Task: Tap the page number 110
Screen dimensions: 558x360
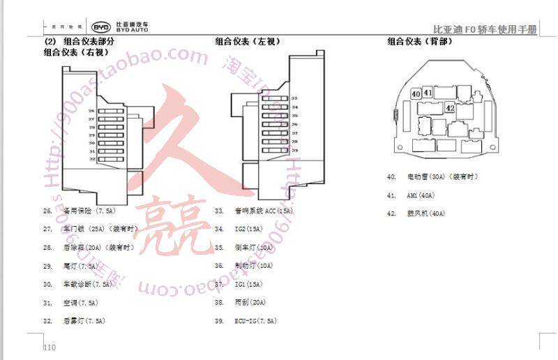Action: click(49, 347)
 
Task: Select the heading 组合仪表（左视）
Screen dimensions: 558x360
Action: click(248, 42)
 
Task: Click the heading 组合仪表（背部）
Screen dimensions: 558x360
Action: click(420, 42)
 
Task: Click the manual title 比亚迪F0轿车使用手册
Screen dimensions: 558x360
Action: click(485, 29)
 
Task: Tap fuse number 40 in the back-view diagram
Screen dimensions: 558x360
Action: click(416, 93)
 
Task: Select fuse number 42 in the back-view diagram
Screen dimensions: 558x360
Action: click(450, 108)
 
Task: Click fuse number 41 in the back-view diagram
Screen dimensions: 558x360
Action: click(428, 92)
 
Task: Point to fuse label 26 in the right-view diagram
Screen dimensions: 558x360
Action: click(91, 111)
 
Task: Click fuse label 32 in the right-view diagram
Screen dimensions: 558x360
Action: click(91, 159)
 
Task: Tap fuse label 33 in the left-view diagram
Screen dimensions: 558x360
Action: click(294, 98)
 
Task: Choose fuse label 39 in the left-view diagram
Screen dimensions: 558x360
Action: click(294, 150)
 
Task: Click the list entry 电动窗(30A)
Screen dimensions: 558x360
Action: click(432, 177)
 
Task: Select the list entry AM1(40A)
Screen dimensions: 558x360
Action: click(421, 195)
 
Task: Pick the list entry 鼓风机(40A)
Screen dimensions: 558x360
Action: click(425, 213)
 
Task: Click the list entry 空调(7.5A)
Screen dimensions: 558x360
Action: click(80, 303)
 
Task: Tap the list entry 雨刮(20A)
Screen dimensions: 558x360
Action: click(250, 303)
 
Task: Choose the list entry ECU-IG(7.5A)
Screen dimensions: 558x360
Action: click(255, 321)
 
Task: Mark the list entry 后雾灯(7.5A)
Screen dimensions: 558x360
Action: click(84, 321)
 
